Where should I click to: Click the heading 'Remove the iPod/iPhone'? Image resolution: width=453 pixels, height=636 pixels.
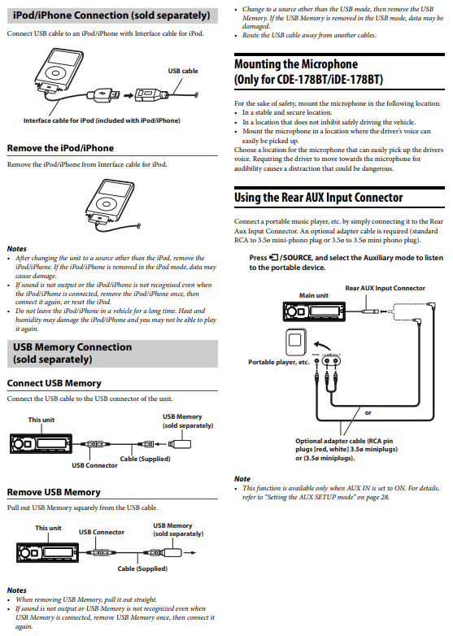pos(60,148)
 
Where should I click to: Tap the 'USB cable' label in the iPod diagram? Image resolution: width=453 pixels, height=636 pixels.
pos(183,71)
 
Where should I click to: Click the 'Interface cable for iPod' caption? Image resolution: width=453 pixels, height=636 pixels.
pos(102,120)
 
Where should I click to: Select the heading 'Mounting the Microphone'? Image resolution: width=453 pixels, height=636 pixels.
pos(296,64)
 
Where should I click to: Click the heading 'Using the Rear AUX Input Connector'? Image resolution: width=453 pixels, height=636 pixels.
pos(318,198)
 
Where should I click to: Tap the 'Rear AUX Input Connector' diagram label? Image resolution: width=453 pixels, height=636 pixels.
pos(385,288)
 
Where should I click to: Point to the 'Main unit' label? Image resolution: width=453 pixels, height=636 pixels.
pos(313,295)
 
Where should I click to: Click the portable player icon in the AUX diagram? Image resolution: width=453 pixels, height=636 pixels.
pos(296,342)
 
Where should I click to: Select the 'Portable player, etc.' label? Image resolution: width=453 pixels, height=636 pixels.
pos(279,362)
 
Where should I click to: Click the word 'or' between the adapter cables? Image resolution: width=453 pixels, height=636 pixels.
pos(368,413)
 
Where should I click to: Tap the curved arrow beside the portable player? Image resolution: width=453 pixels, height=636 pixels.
pos(322,345)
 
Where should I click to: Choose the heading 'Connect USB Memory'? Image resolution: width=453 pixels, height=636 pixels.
pos(54,383)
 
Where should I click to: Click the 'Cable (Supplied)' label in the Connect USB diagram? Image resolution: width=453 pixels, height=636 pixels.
pos(146,459)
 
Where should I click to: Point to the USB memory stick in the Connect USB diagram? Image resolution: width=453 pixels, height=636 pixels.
pos(180,444)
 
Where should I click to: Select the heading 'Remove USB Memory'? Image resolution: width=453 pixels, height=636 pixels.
pos(54,492)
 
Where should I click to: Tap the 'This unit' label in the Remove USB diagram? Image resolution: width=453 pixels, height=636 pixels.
pos(48,528)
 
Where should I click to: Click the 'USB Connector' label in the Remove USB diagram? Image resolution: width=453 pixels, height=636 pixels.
pos(102,532)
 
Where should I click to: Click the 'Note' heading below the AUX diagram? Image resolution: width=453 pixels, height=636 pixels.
pos(242,479)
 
